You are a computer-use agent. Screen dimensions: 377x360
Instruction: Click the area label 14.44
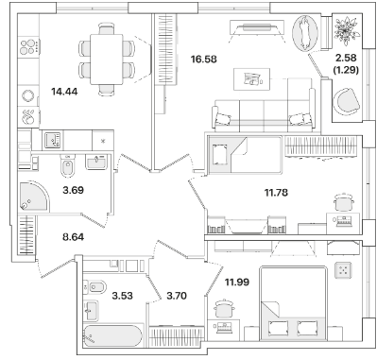click(x=64, y=92)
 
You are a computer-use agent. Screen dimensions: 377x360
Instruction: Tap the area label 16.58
click(x=204, y=59)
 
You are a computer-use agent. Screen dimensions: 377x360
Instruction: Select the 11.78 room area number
click(x=276, y=192)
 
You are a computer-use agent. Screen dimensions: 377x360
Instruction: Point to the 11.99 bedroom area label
click(x=236, y=282)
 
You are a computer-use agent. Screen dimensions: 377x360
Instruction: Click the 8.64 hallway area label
click(x=73, y=236)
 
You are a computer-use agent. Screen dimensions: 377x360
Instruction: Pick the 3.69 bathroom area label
click(x=74, y=190)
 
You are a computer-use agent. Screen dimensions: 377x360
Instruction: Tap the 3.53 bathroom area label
click(x=122, y=296)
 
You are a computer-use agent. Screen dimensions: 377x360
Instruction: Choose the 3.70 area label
click(x=177, y=296)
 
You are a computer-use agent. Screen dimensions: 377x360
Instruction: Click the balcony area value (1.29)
click(x=346, y=70)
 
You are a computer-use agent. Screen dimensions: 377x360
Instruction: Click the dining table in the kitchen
click(x=107, y=60)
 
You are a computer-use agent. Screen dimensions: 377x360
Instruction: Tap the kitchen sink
click(x=53, y=141)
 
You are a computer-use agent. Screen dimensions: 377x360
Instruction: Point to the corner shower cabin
click(x=33, y=196)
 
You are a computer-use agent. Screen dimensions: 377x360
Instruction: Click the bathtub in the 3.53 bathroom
click(x=112, y=335)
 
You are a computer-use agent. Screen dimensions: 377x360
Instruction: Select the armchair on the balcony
click(x=347, y=101)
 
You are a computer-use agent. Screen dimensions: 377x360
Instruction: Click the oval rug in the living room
click(x=305, y=33)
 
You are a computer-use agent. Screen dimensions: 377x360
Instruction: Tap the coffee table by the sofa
click(x=252, y=79)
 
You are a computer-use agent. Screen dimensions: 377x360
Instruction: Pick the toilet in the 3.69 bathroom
click(x=67, y=166)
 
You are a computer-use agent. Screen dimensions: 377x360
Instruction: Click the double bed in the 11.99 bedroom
click(x=293, y=303)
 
